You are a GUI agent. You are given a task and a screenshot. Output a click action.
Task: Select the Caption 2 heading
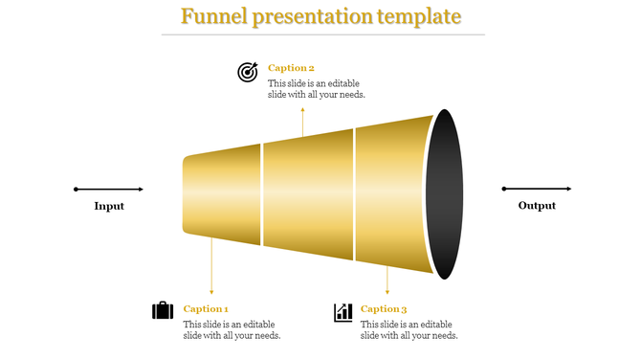(x=291, y=68)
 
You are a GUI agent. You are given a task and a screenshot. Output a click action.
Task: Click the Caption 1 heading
(x=206, y=309)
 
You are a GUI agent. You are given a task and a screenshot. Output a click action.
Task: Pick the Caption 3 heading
(x=384, y=309)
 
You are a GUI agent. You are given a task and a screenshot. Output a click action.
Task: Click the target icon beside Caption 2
(x=248, y=72)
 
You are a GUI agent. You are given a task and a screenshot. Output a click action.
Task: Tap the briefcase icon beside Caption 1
(x=163, y=310)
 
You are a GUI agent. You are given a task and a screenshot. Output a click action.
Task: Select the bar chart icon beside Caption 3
(x=343, y=312)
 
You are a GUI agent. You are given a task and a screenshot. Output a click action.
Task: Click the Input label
(x=109, y=206)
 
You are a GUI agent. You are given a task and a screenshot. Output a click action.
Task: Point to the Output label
(x=537, y=206)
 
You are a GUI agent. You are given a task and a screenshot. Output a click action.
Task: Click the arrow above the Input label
(x=109, y=189)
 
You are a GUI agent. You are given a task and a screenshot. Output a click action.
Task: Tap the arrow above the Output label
(x=537, y=189)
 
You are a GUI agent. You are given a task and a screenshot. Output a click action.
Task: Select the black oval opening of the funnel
(x=445, y=194)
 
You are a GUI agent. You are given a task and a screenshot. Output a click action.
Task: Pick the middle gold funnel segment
(x=308, y=195)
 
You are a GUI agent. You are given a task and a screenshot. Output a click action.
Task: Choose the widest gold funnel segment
(x=392, y=195)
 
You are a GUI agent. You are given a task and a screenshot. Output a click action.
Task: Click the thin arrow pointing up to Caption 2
(x=303, y=122)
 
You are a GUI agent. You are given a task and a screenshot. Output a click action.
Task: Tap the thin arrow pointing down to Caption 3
(x=387, y=277)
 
